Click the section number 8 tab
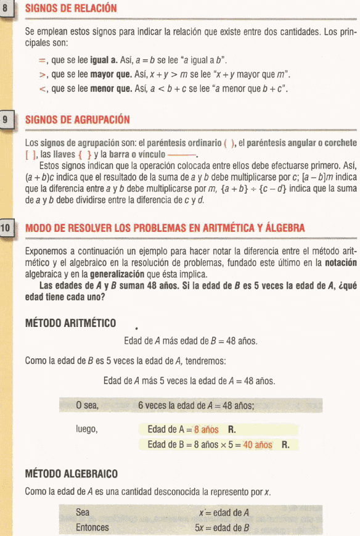tap(6, 10)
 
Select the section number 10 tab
tap(7, 228)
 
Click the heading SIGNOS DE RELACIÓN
tap(70, 10)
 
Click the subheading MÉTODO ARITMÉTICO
tap(70, 323)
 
